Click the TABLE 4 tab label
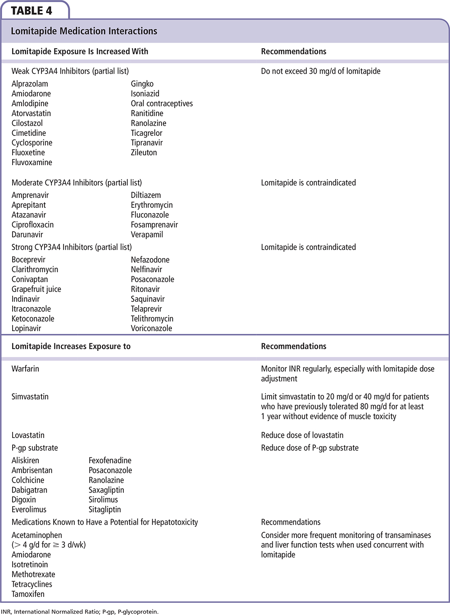click(x=31, y=10)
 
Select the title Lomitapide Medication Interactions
click(x=84, y=31)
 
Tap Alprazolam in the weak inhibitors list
click(x=30, y=84)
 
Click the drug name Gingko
click(x=142, y=84)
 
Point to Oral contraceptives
click(x=162, y=103)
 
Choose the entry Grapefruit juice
click(x=36, y=289)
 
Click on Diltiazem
click(x=146, y=195)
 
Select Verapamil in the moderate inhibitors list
click(x=147, y=234)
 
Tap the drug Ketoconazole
click(x=33, y=319)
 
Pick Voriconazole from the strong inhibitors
click(x=151, y=328)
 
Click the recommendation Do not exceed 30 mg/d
click(x=320, y=71)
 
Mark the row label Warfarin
click(x=25, y=368)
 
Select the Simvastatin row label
click(x=30, y=396)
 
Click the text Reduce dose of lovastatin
click(x=302, y=435)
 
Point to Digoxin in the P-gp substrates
click(x=24, y=500)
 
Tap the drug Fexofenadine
click(x=110, y=460)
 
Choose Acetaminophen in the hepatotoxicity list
click(x=37, y=535)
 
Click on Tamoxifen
click(x=28, y=594)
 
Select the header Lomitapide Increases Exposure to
click(x=71, y=346)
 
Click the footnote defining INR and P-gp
click(x=80, y=611)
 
